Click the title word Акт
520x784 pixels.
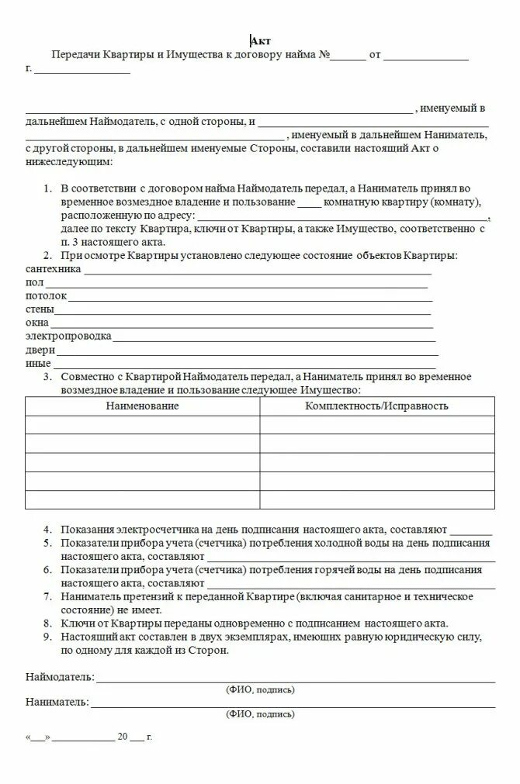(261, 41)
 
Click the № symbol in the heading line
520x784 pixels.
(324, 56)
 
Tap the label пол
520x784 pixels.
(33, 283)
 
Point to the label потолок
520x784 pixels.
(46, 296)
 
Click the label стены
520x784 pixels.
(40, 309)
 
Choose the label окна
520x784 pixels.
(37, 323)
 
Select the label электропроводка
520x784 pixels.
(68, 336)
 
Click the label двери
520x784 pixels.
(40, 349)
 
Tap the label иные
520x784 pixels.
(38, 362)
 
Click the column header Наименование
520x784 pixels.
(142, 406)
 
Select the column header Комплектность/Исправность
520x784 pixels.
(376, 406)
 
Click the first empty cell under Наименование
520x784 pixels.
(142, 424)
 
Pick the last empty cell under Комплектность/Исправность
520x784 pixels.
(376, 499)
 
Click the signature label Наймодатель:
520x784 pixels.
(60, 677)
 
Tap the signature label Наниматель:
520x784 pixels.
(57, 702)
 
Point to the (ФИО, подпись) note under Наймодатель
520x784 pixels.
(260, 689)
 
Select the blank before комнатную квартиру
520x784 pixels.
(308, 202)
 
